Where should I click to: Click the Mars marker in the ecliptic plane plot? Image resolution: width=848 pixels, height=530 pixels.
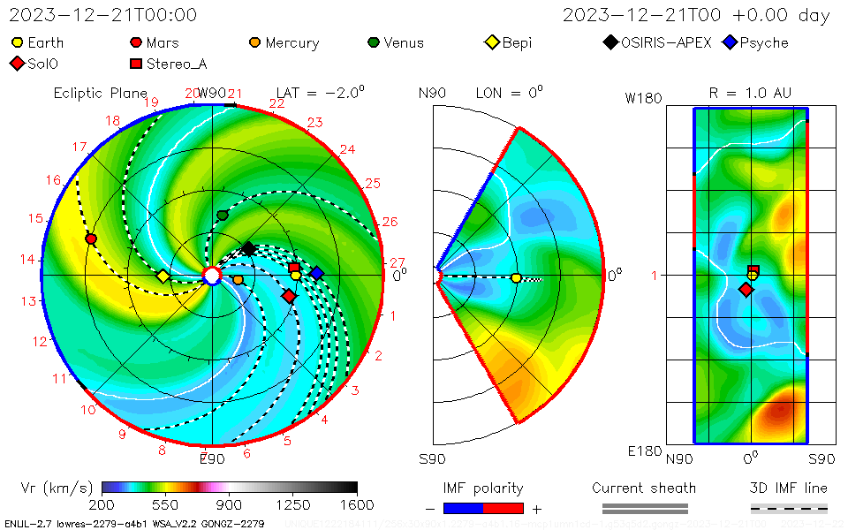click(x=91, y=239)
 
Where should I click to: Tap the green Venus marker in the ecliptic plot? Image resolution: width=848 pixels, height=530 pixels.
click(x=223, y=216)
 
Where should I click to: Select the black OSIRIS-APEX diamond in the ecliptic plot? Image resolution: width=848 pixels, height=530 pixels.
click(x=249, y=249)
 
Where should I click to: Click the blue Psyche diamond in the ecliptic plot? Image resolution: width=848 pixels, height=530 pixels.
click(x=316, y=273)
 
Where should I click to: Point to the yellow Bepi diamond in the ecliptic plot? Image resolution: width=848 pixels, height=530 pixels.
click(x=163, y=276)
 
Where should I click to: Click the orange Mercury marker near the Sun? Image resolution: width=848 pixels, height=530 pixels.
click(x=238, y=280)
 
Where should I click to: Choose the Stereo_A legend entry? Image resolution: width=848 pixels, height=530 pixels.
click(x=173, y=64)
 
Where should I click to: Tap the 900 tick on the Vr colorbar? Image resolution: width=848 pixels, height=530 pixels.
click(x=230, y=504)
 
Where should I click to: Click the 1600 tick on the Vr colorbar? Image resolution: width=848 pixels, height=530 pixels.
click(x=357, y=504)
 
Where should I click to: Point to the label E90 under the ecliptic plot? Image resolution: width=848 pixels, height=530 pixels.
click(x=212, y=458)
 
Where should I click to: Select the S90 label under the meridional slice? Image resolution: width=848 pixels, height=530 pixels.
click(x=432, y=458)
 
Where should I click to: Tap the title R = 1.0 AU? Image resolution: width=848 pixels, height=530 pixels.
click(x=750, y=93)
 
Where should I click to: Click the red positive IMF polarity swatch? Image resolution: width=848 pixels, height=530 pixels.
click(x=503, y=508)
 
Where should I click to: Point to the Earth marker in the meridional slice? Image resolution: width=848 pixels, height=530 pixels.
click(x=516, y=278)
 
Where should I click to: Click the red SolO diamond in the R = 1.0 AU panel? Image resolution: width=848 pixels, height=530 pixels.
click(x=746, y=290)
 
